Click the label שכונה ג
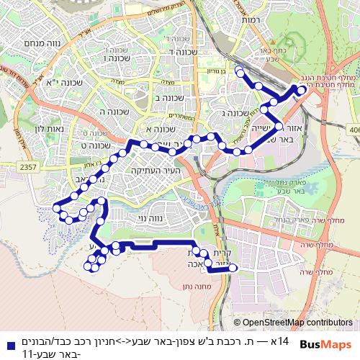(235, 112)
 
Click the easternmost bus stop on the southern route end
(232, 269)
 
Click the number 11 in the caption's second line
(27, 354)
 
